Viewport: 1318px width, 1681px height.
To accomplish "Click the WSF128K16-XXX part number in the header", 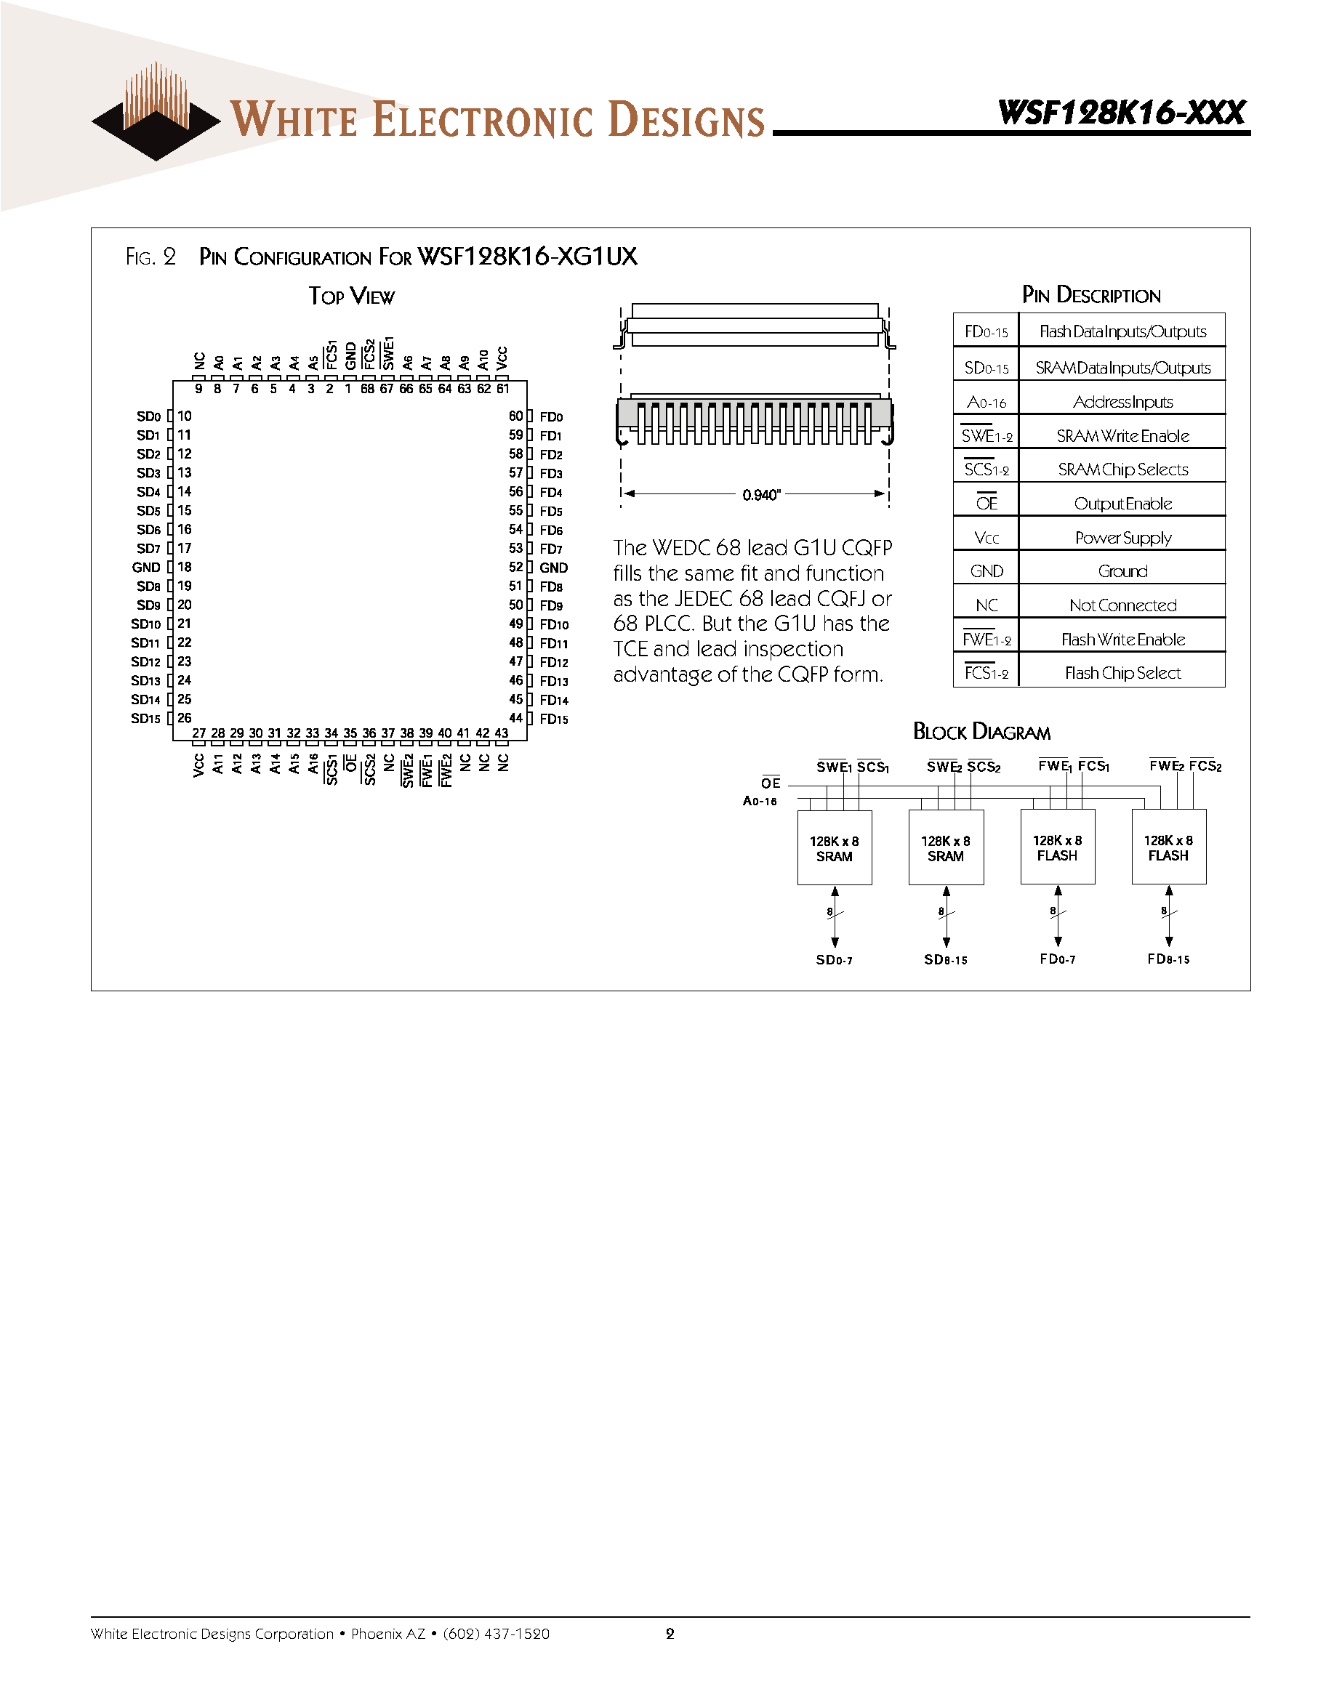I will point(1121,113).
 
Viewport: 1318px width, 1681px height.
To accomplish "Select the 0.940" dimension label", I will point(761,494).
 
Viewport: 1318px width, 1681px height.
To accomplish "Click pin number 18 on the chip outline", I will point(185,567).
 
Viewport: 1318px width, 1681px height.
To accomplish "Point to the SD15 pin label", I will point(145,718).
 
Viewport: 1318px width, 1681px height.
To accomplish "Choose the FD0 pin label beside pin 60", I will point(551,416).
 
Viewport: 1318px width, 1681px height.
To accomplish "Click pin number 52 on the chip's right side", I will point(515,567).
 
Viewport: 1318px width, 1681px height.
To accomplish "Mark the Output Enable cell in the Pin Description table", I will point(1122,504).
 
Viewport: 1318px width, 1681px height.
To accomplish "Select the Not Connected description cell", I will point(1122,605).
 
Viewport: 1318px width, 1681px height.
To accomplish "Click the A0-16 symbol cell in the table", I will point(987,402).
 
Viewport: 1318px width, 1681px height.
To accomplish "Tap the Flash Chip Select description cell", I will point(1122,673).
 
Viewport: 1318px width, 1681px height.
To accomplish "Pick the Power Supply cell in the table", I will point(1122,538).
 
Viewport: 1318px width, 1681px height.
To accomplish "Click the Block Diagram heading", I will point(981,731).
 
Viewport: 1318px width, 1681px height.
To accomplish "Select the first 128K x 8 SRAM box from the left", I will point(834,848).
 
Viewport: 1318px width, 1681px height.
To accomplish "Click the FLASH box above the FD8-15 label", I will point(1168,847).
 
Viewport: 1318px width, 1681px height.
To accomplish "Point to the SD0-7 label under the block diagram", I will point(834,960).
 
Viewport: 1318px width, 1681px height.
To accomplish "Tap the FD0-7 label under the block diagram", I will point(1057,959).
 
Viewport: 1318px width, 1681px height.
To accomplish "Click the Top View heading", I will point(352,297).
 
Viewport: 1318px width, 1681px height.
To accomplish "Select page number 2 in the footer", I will point(670,1633).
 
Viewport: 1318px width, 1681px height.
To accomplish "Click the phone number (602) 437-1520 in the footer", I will point(497,1633).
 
